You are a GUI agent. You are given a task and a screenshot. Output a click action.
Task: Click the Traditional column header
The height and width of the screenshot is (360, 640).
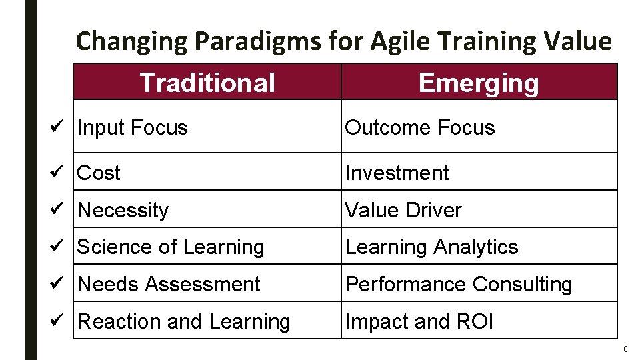pyautogui.click(x=207, y=83)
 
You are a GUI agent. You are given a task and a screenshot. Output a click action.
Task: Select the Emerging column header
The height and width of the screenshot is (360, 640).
pyautogui.click(x=478, y=83)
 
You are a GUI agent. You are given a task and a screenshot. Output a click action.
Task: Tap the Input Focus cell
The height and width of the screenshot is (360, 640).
pyautogui.click(x=133, y=127)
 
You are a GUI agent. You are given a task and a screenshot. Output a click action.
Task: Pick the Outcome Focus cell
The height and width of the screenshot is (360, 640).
pyautogui.click(x=419, y=127)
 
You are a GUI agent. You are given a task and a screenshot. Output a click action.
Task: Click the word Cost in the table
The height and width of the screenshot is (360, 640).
pyautogui.click(x=99, y=173)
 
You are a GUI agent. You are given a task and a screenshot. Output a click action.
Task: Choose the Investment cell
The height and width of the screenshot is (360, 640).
pyautogui.click(x=397, y=173)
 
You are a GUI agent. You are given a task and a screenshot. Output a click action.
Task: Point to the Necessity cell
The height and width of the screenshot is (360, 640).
pyautogui.click(x=123, y=210)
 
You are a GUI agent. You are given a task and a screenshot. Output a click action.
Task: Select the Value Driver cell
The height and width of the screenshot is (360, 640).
pyautogui.click(x=403, y=210)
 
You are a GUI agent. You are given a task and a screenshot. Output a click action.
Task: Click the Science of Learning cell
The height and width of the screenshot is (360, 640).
pyautogui.click(x=171, y=247)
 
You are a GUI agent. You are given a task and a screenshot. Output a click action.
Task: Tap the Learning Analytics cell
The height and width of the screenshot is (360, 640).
pyautogui.click(x=431, y=247)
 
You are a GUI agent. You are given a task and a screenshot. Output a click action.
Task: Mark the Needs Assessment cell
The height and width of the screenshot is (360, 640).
pyautogui.click(x=169, y=284)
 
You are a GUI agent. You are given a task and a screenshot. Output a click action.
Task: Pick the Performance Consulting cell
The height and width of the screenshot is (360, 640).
pyautogui.click(x=458, y=284)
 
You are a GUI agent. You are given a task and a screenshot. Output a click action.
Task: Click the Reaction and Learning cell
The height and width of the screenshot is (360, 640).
pyautogui.click(x=184, y=321)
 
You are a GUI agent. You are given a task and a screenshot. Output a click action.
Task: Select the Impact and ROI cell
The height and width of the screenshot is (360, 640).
pyautogui.click(x=419, y=321)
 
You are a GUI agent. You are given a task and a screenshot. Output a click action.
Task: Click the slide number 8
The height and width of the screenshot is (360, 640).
pyautogui.click(x=625, y=349)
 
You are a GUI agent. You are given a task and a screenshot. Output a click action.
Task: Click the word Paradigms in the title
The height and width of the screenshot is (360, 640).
pyautogui.click(x=259, y=41)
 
